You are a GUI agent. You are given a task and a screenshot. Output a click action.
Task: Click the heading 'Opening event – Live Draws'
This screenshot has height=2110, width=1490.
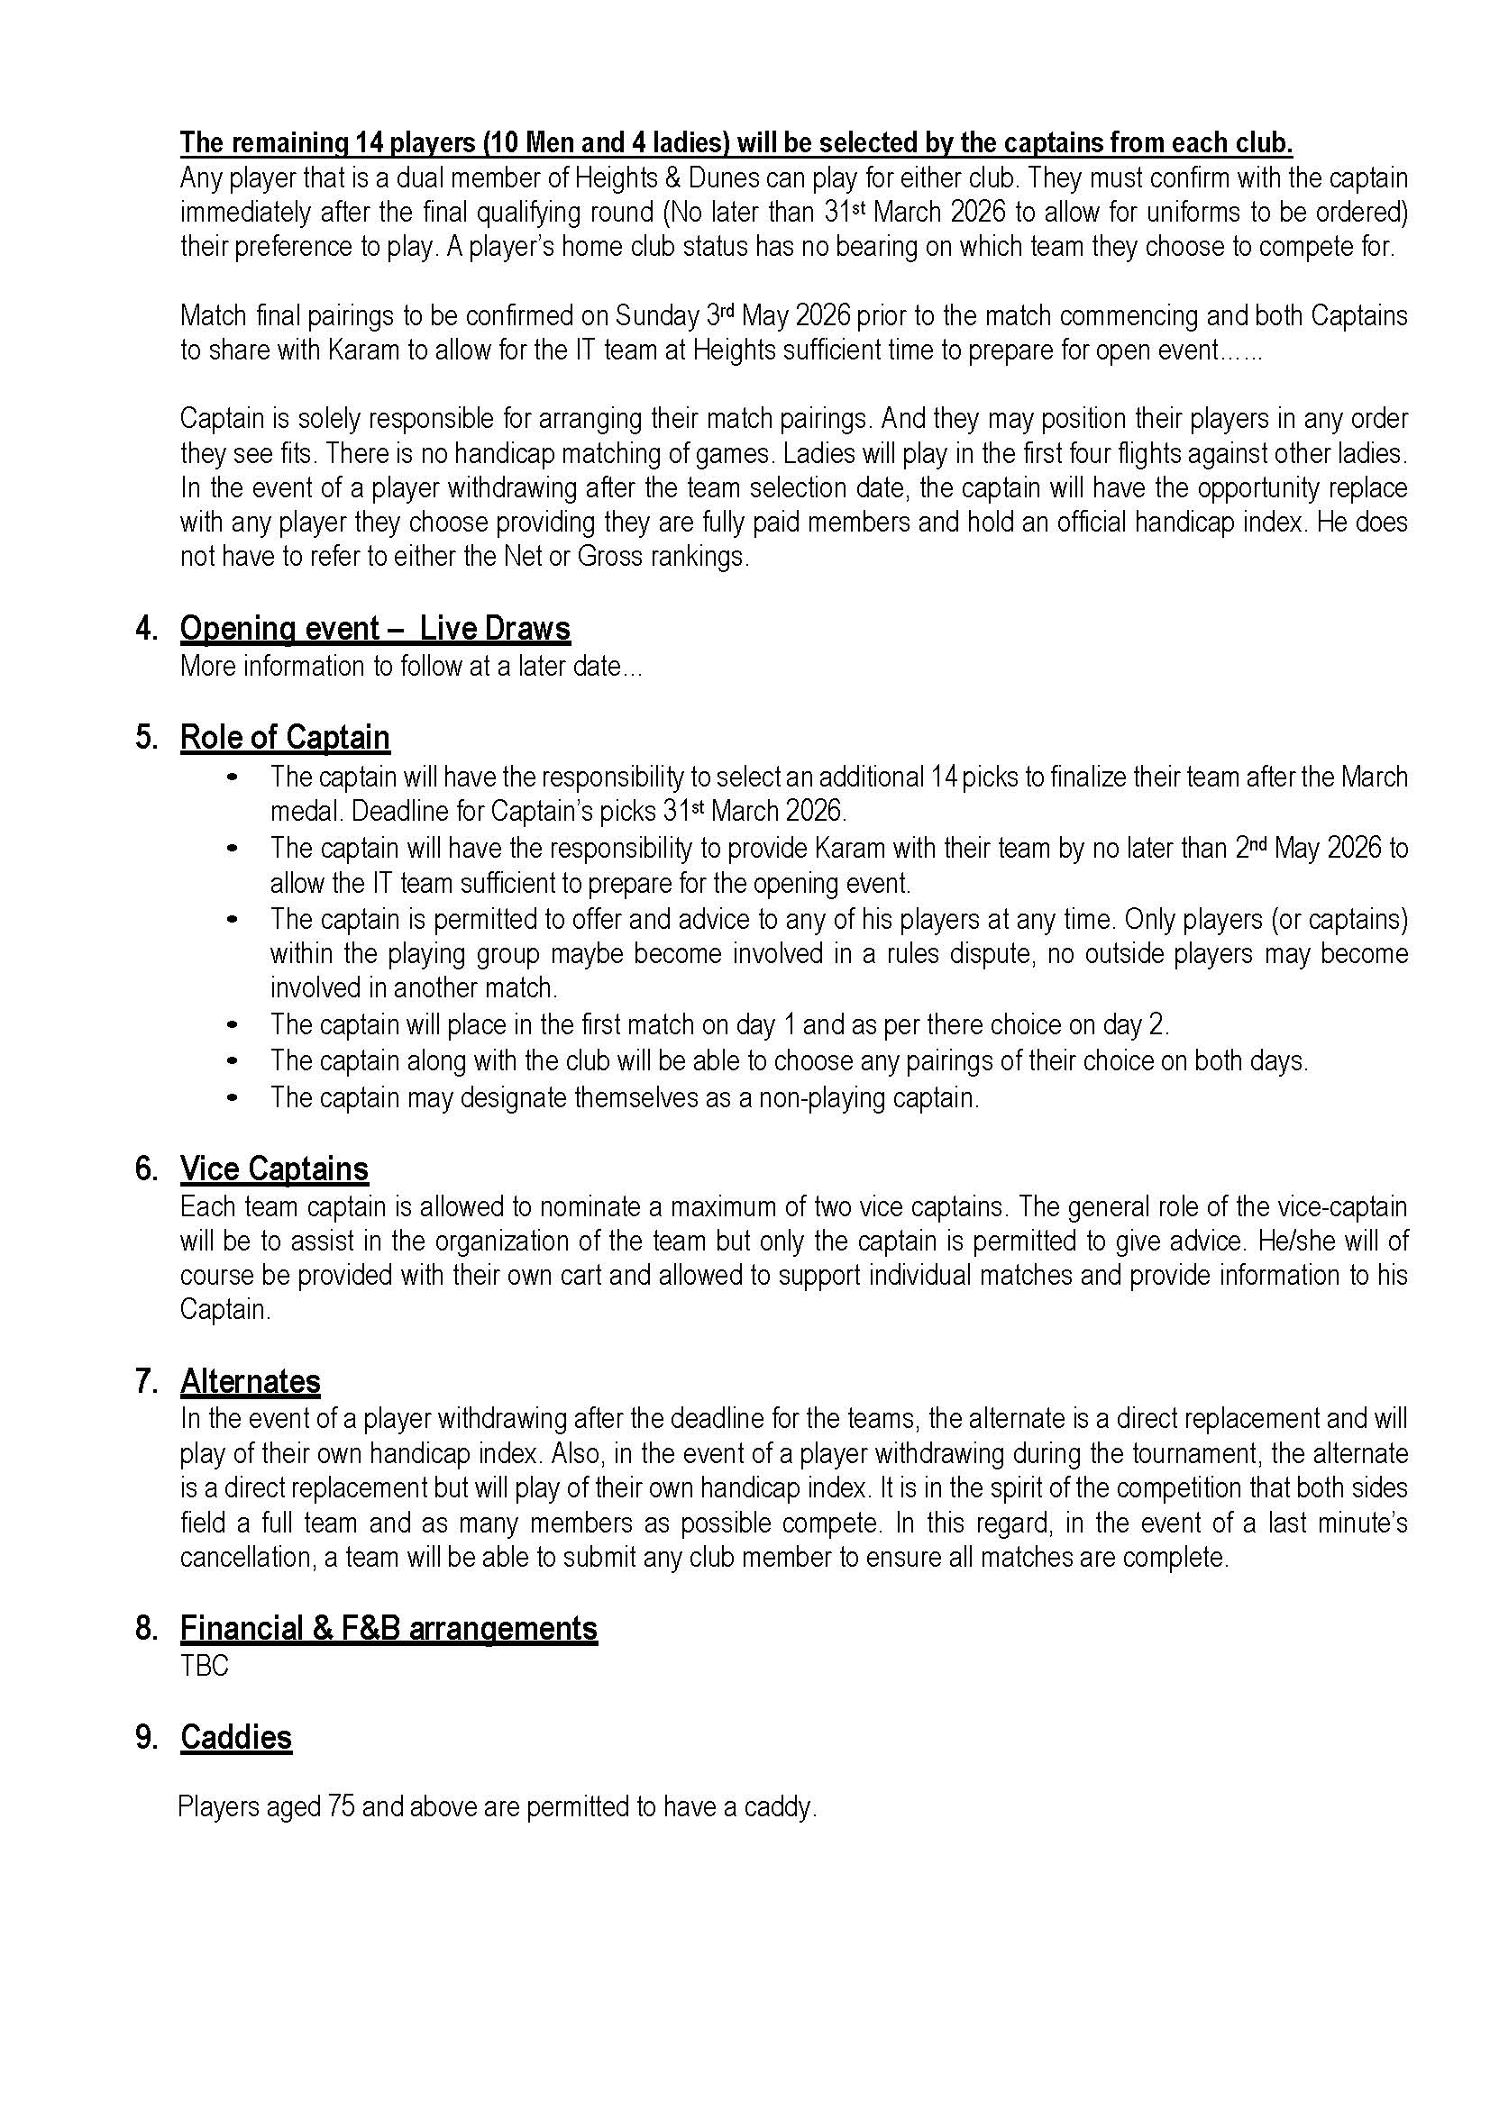tap(375, 629)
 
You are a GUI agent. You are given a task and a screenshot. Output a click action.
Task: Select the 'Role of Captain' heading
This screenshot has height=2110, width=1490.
tap(285, 737)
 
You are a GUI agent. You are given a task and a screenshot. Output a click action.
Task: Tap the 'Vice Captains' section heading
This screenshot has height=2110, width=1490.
tap(274, 1169)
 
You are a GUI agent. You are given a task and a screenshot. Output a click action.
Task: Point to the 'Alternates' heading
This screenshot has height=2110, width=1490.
tap(250, 1381)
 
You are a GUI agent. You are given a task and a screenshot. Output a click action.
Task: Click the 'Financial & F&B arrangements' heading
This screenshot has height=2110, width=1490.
tap(388, 1627)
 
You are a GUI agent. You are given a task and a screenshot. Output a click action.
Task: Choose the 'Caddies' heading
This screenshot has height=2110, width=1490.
tap(236, 1737)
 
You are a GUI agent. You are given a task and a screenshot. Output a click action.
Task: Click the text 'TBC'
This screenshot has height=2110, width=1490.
tap(204, 1665)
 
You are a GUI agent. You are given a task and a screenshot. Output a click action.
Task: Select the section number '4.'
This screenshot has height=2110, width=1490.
tap(147, 629)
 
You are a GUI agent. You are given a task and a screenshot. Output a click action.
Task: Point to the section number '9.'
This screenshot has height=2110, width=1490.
tap(147, 1737)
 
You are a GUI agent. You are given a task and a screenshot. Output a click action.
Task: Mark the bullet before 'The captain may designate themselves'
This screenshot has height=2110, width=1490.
tap(233, 1097)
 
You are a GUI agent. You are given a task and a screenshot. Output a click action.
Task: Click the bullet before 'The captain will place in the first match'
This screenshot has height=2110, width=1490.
tap(233, 1023)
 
